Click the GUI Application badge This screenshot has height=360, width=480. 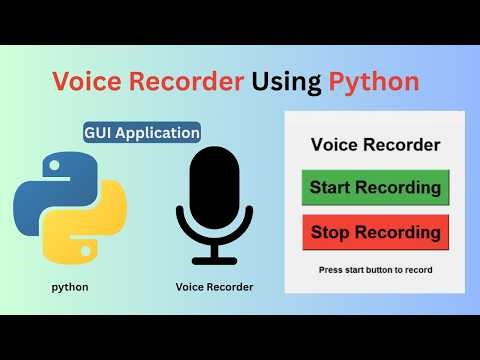[x=142, y=132]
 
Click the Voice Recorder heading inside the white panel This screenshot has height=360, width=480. [x=375, y=145]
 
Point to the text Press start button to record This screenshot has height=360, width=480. [x=375, y=270]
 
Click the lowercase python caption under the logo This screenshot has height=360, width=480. [x=70, y=287]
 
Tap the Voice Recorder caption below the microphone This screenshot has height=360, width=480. [x=214, y=287]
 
